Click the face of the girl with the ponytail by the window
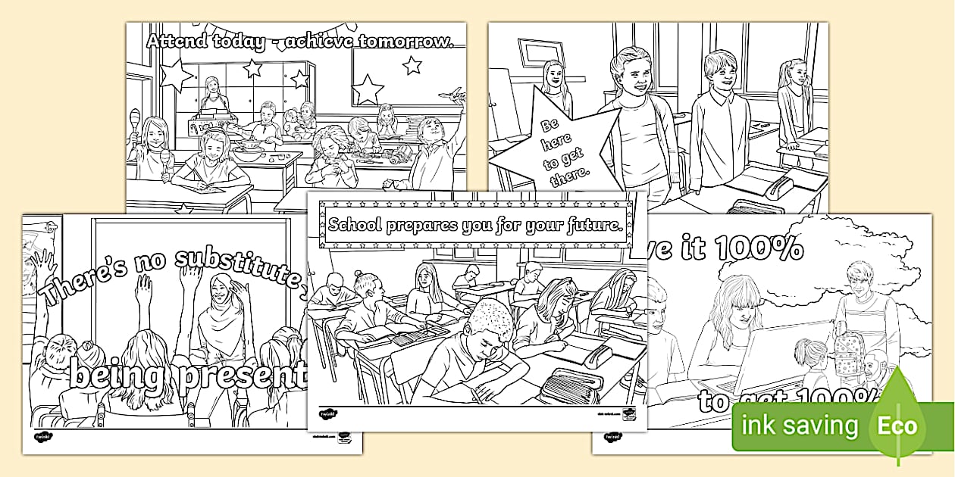click(791, 74)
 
